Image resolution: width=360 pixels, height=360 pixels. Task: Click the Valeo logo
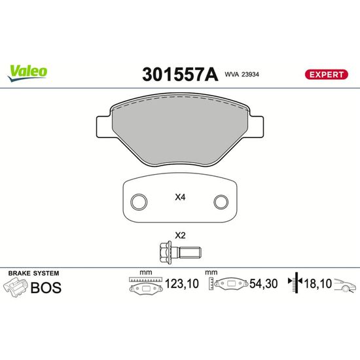pos(27,73)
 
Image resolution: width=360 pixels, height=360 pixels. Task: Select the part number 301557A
pos(180,75)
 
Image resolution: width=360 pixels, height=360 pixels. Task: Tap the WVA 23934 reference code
pos(242,75)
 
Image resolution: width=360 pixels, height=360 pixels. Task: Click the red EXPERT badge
pos(326,75)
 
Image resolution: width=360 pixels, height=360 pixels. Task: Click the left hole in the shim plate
pos(139,202)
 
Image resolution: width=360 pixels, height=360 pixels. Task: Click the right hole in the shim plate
pos(221,202)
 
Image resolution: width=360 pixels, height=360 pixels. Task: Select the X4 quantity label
pos(180,197)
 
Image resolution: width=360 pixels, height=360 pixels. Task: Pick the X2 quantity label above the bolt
pos(180,236)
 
